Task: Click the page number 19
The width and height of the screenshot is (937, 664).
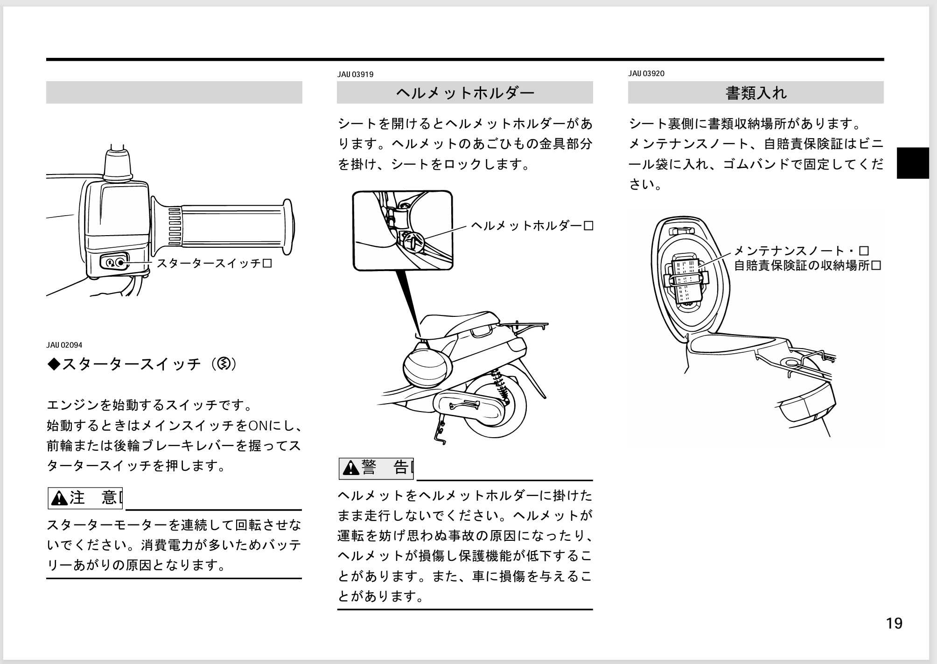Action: click(894, 623)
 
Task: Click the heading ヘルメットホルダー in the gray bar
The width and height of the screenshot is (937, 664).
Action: click(465, 93)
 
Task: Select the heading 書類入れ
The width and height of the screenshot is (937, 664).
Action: click(755, 93)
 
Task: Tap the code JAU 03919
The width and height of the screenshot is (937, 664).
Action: click(355, 75)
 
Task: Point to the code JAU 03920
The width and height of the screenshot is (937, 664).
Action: click(646, 74)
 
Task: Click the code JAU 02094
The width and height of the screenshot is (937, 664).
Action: click(64, 345)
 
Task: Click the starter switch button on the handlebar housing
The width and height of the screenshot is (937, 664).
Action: click(121, 263)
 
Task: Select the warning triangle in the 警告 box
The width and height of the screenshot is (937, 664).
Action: click(350, 468)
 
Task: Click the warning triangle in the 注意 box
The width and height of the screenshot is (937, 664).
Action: click(59, 498)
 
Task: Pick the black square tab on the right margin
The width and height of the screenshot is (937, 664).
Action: click(912, 163)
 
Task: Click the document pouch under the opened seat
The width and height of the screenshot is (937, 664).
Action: click(686, 280)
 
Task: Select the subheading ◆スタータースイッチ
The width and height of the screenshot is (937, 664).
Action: click(142, 364)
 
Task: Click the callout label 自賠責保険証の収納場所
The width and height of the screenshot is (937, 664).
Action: click(807, 266)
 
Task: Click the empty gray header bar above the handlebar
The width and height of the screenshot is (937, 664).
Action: click(174, 92)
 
